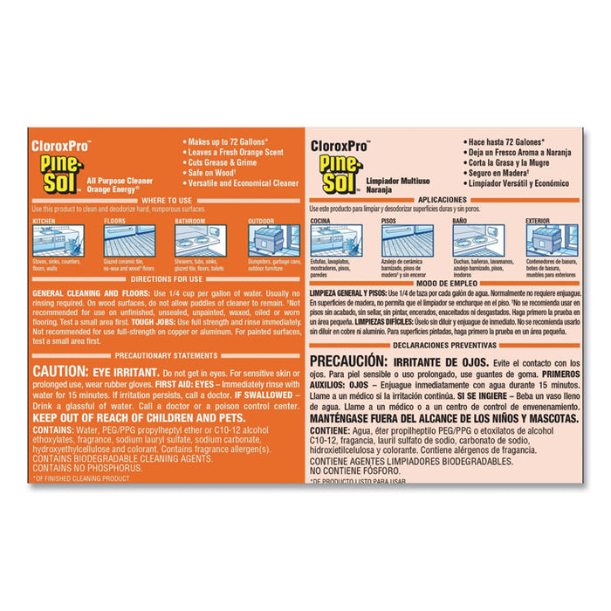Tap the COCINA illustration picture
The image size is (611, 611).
(336, 241)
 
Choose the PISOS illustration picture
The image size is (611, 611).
(407, 241)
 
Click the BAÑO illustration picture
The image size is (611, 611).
(478, 241)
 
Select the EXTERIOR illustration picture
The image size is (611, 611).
(552, 241)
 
